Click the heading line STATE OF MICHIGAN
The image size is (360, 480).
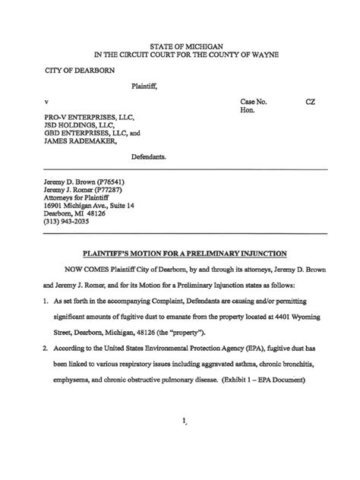pos(180,46)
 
